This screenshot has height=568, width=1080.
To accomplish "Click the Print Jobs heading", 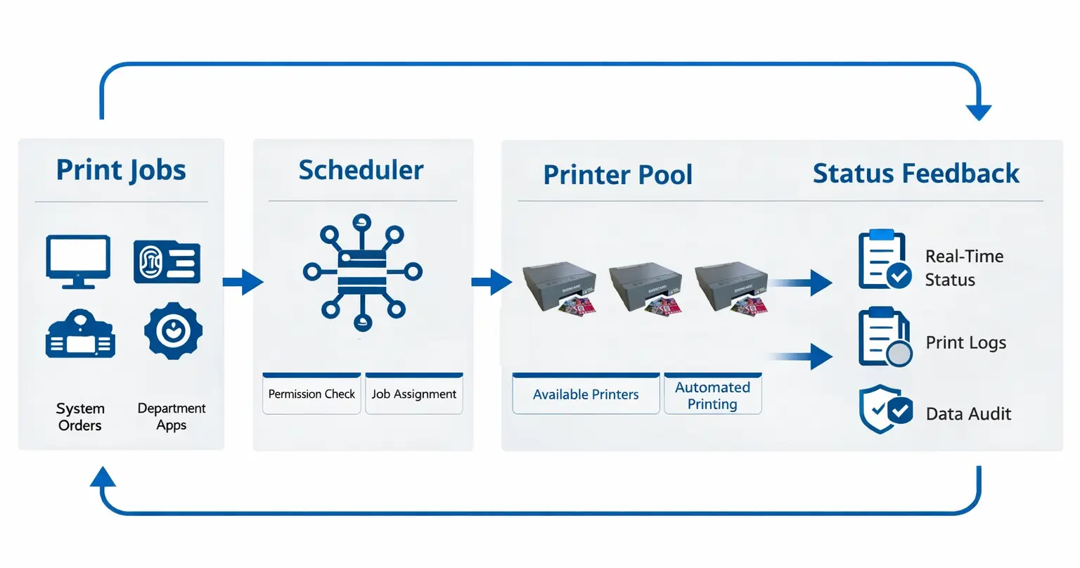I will tap(121, 171).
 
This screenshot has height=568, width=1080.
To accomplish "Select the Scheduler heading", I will tap(361, 170).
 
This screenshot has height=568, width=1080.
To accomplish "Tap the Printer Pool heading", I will tap(617, 175).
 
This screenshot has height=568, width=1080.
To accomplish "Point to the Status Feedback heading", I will tap(915, 174).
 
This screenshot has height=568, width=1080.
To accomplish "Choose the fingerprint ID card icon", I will tap(167, 262).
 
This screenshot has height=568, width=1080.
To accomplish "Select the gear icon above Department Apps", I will tap(173, 331).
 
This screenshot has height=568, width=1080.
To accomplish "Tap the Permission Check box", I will tap(311, 394).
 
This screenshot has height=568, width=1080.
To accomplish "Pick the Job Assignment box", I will tap(414, 394).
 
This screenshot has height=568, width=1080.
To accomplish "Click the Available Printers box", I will tap(586, 394).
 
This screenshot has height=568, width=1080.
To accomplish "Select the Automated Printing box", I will tap(712, 395).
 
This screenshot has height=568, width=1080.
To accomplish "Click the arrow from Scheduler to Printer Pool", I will tap(491, 283).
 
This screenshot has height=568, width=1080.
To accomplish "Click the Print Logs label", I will tap(965, 343).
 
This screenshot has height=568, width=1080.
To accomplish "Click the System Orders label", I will tap(80, 417).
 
